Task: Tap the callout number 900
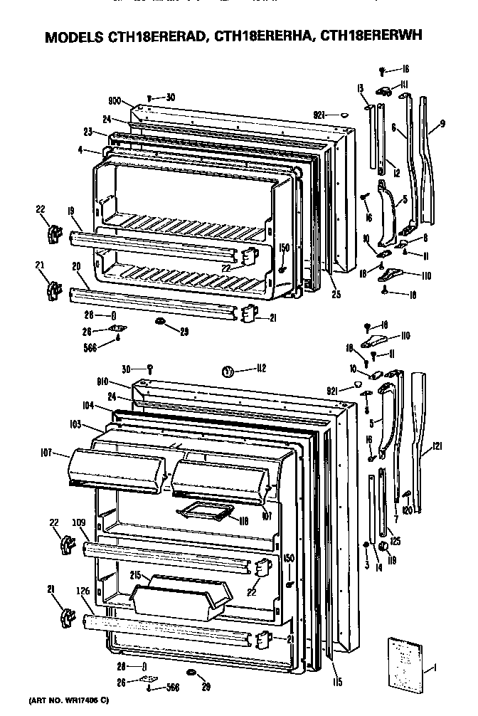click(114, 101)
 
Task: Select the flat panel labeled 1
click(405, 663)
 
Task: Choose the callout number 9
click(442, 124)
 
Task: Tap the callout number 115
click(336, 683)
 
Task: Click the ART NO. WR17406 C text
click(69, 701)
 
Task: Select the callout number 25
click(334, 293)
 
